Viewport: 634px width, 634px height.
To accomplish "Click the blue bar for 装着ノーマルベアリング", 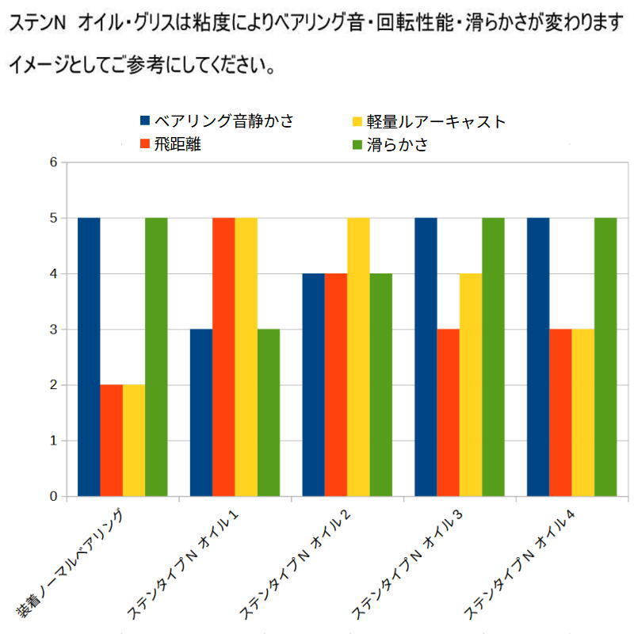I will click(x=89, y=357).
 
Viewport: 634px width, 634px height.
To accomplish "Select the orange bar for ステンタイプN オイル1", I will click(x=223, y=357).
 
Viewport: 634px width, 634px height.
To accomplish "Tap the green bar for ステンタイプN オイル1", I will click(x=269, y=413).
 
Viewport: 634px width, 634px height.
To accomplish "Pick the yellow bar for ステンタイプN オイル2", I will click(x=358, y=357).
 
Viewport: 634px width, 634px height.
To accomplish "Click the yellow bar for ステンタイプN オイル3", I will click(x=471, y=385).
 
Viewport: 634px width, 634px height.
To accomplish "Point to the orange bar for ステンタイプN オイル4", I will click(x=560, y=413).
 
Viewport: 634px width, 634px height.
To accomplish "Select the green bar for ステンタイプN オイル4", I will click(x=605, y=357).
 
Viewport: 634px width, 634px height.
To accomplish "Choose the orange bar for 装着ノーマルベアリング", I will click(x=111, y=441).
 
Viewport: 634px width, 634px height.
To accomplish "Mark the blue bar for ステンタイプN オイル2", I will click(x=314, y=385).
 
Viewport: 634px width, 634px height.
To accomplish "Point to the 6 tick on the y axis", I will click(x=54, y=162).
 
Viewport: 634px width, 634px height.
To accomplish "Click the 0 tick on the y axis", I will click(x=54, y=497).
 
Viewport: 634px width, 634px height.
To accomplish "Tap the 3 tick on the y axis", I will click(x=54, y=330).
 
